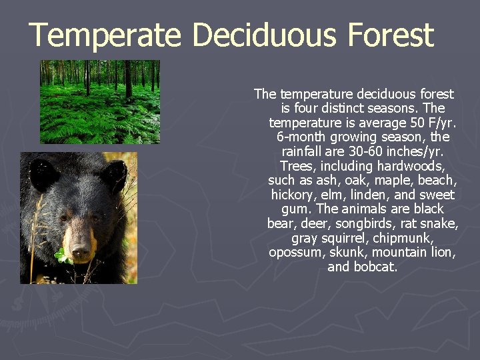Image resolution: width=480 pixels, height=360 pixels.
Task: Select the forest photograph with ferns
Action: pos(100,101)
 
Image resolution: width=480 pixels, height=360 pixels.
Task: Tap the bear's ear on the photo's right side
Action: pos(113,175)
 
